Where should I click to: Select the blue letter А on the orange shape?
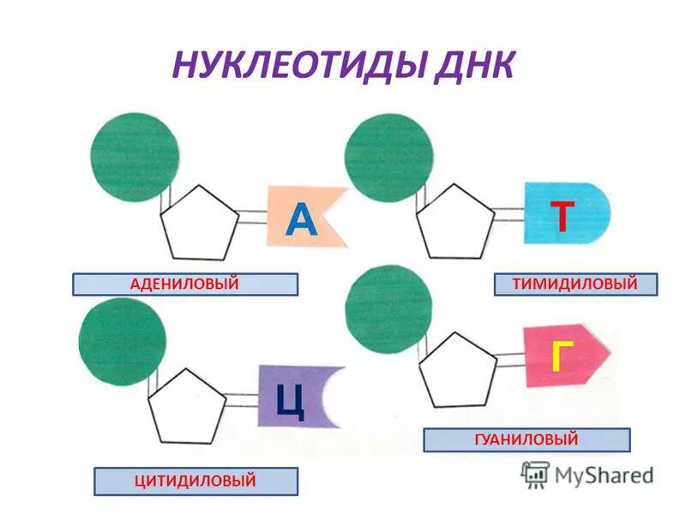tap(301, 218)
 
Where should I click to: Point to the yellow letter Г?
tap(558, 355)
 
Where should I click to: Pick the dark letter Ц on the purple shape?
tap(291, 399)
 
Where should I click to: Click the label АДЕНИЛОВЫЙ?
tap(184, 284)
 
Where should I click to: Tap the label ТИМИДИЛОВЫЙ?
tap(575, 284)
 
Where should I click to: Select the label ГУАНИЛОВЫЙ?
tap(527, 440)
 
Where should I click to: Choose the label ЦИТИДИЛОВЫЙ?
tap(196, 481)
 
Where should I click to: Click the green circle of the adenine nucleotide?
tap(135, 156)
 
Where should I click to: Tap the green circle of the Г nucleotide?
tap(388, 308)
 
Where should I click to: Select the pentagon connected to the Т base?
tap(455, 221)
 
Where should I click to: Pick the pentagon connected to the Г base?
tap(458, 370)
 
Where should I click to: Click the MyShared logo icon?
tap(535, 474)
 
